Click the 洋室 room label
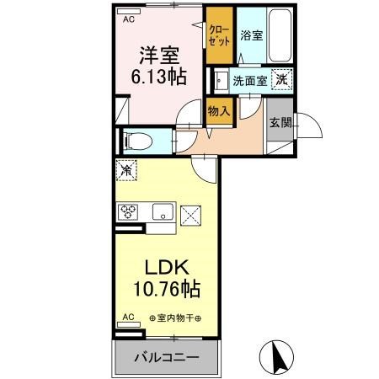click(159, 55)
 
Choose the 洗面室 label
click(249, 81)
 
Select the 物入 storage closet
click(218, 109)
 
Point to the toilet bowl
click(136, 141)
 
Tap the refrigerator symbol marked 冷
click(126, 169)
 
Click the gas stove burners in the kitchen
click(131, 211)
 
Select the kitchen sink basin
click(162, 211)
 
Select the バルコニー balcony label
click(167, 357)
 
